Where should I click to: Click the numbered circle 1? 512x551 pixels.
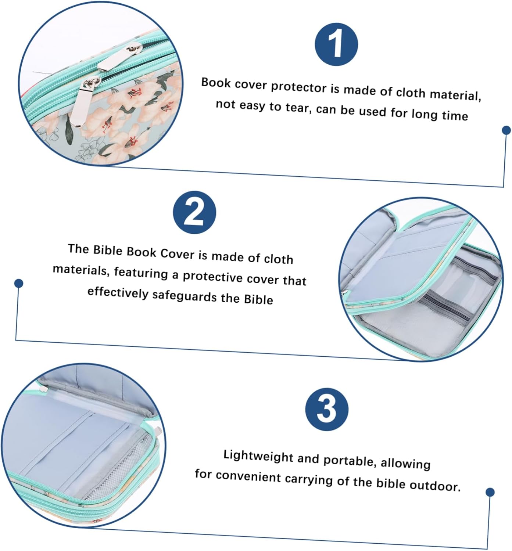tap(336, 44)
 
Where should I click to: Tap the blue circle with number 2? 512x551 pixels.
tap(194, 212)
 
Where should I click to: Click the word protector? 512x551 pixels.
tap(299, 87)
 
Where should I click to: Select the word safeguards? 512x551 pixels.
tap(185, 295)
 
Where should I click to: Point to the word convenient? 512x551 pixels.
tap(248, 476)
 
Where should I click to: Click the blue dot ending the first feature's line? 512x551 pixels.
tap(506, 130)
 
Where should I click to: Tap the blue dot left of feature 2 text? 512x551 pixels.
tap(19, 283)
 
